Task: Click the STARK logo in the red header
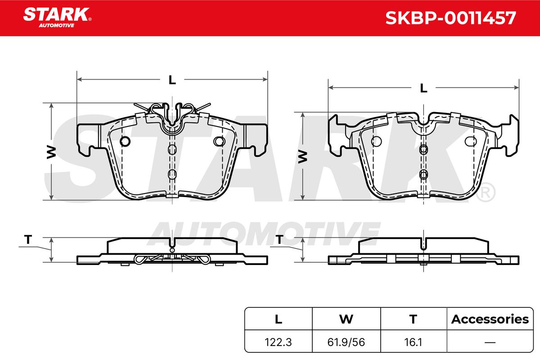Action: (x=57, y=18)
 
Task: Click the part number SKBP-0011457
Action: (x=450, y=18)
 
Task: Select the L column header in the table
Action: (x=279, y=319)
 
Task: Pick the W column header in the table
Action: (x=346, y=319)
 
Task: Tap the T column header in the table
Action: (x=413, y=319)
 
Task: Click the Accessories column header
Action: (x=490, y=319)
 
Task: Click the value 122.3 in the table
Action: (x=278, y=342)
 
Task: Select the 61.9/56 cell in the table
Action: (x=346, y=342)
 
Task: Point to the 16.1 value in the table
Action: (x=413, y=342)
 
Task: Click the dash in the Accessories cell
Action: (x=490, y=342)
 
